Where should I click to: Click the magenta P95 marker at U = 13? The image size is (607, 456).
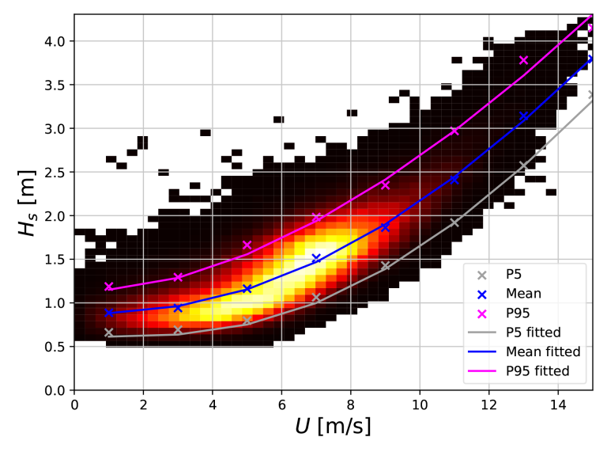point(523,60)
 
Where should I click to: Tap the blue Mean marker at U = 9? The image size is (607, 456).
point(385,226)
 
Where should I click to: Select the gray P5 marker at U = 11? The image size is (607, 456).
point(454,222)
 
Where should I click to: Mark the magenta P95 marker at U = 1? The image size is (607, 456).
point(109,287)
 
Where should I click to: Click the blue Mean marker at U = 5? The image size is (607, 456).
point(247,289)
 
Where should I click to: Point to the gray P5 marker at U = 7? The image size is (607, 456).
point(316,298)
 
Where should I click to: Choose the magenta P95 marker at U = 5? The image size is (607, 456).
point(247,245)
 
